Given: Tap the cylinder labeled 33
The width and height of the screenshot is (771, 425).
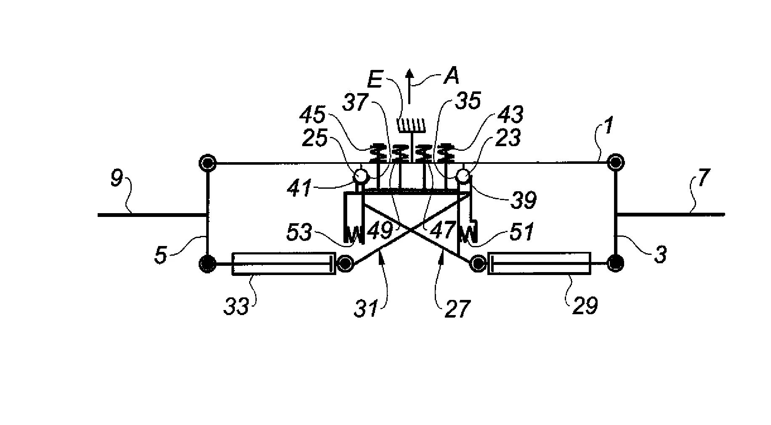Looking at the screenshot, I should pos(284,264).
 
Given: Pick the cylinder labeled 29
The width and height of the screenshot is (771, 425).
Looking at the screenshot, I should pos(539,263).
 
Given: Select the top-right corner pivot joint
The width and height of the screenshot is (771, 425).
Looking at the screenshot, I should pos(615,162).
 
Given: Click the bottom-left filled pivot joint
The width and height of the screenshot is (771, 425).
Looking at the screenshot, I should pos(207,264).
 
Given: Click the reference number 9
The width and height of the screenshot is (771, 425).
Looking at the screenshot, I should pos(117,179).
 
